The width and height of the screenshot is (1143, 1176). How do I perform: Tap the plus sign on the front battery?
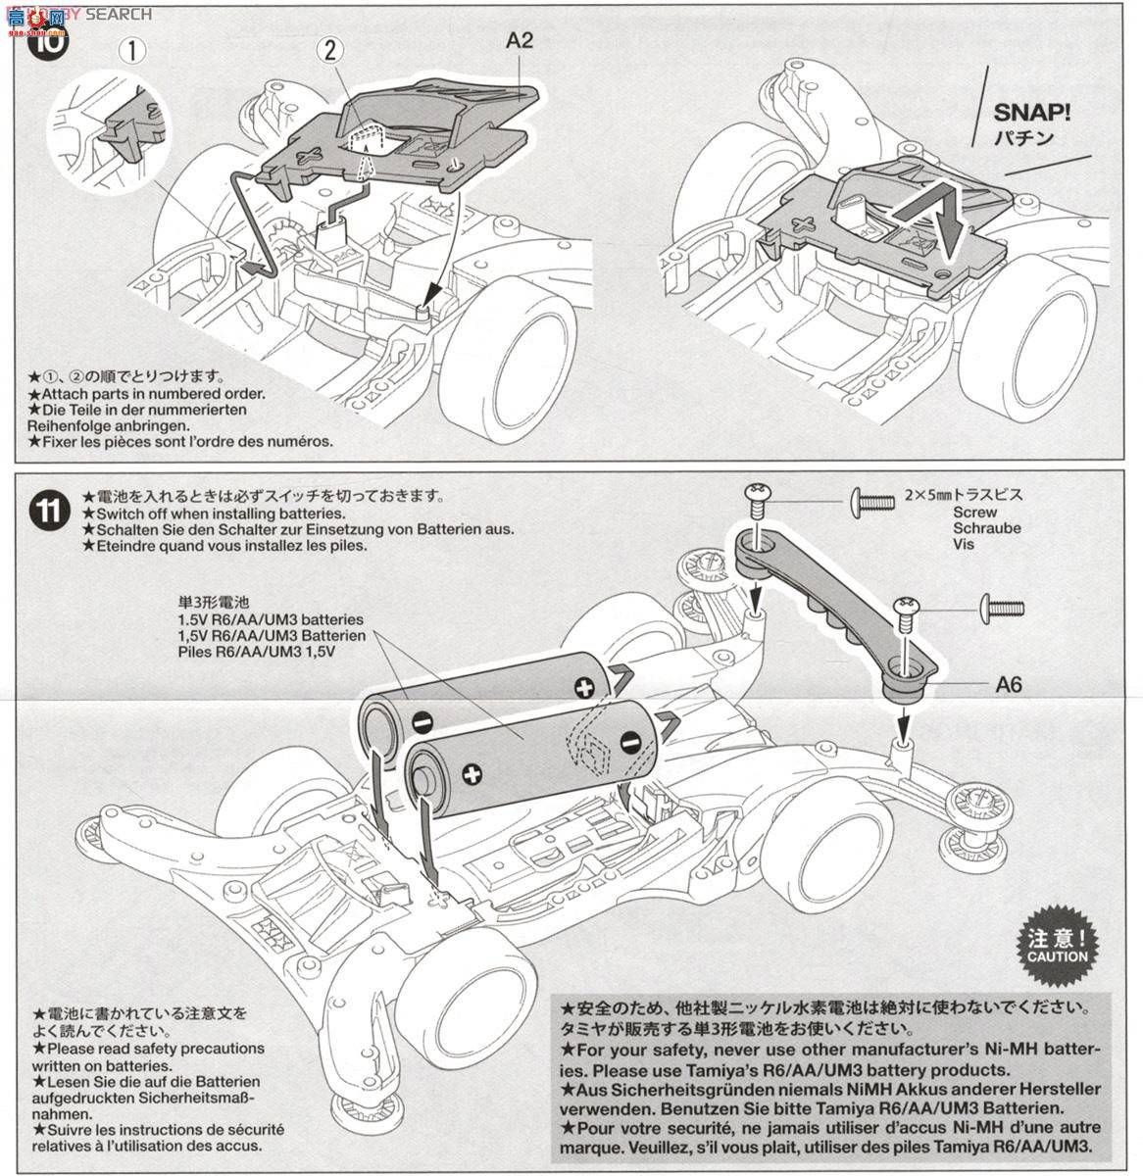(x=471, y=776)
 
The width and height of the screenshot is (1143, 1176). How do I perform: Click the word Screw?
(x=973, y=513)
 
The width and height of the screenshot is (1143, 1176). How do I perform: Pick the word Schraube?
(x=986, y=527)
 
